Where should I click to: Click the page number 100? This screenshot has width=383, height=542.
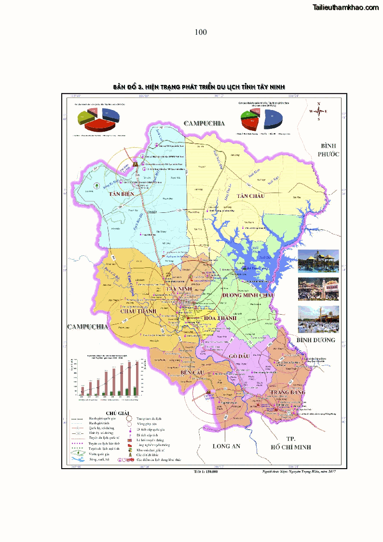click(201, 32)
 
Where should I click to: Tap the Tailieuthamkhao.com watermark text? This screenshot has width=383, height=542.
click(345, 7)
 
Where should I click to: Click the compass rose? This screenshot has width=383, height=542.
click(318, 111)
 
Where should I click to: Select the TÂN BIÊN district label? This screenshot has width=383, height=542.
click(121, 194)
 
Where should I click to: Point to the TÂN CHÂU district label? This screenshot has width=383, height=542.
click(251, 195)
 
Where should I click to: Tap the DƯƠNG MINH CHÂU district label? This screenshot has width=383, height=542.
click(248, 295)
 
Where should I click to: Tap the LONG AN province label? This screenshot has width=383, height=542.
click(226, 446)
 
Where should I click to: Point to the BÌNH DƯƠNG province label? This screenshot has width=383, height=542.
click(315, 340)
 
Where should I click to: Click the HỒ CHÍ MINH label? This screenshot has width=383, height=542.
click(290, 447)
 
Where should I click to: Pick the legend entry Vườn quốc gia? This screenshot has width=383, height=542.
click(100, 454)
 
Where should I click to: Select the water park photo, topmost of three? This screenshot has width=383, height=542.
click(318, 261)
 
